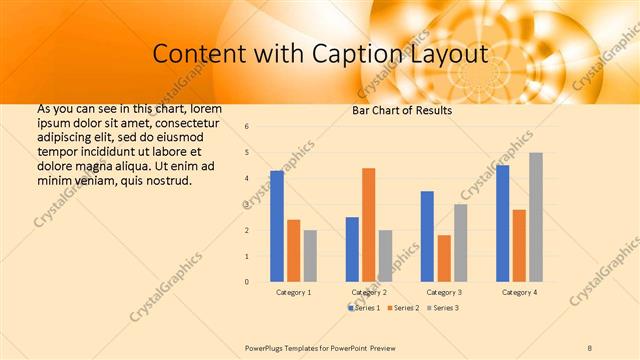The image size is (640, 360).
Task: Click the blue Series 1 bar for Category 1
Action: point(277,226)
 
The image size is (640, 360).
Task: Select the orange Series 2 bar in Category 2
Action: point(368,225)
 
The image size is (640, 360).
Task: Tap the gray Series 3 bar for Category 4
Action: point(536,217)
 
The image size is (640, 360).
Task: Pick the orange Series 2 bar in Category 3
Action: point(443,258)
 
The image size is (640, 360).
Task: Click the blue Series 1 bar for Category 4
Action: point(502,223)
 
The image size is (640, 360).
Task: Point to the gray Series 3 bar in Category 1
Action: point(310,256)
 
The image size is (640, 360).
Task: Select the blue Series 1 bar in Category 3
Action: point(427,236)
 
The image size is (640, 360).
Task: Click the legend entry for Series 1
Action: point(365,308)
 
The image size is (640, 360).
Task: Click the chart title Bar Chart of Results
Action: point(402,110)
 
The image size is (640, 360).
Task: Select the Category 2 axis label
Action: point(369,292)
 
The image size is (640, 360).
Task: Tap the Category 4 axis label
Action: point(519,292)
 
